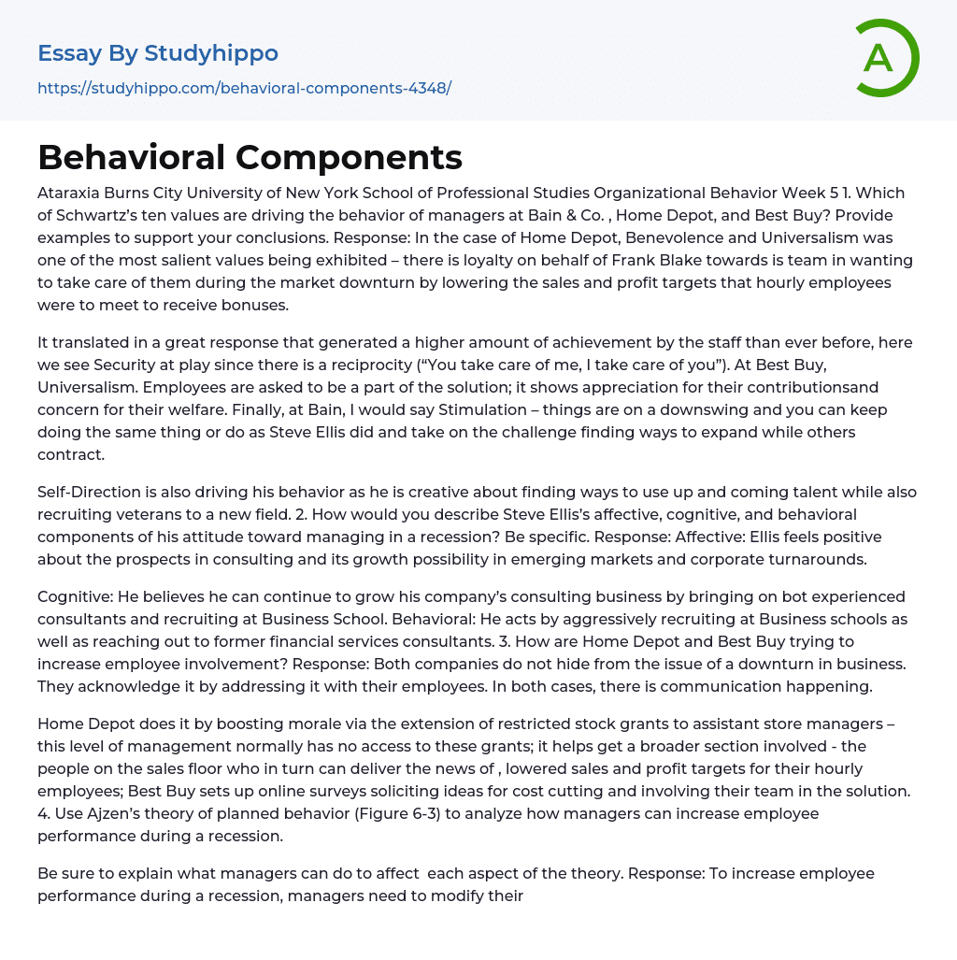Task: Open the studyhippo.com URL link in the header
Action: pos(244,88)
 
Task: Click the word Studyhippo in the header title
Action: pos(211,53)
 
